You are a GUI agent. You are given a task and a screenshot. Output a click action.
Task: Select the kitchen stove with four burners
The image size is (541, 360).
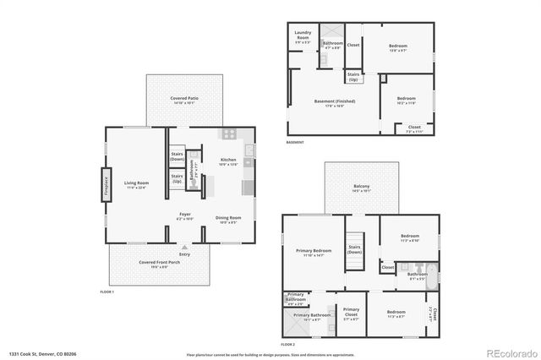228,134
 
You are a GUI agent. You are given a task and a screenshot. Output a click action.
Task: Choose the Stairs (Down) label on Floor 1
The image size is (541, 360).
178,156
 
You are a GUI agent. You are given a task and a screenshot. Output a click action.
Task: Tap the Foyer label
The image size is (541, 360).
184,216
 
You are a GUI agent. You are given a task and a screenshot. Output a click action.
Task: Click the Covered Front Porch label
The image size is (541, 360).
159,264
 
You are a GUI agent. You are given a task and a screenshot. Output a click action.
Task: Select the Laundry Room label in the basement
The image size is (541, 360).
303,35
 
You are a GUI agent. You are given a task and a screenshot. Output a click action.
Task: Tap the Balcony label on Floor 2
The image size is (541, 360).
361,188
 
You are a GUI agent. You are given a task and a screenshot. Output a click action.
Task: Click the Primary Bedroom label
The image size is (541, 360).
313,252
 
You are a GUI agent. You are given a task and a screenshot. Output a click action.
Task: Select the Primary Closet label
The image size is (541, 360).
351,312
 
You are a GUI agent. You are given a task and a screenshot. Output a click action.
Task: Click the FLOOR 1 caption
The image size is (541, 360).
107,292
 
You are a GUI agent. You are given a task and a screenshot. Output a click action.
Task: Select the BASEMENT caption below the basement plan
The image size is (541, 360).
295,142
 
